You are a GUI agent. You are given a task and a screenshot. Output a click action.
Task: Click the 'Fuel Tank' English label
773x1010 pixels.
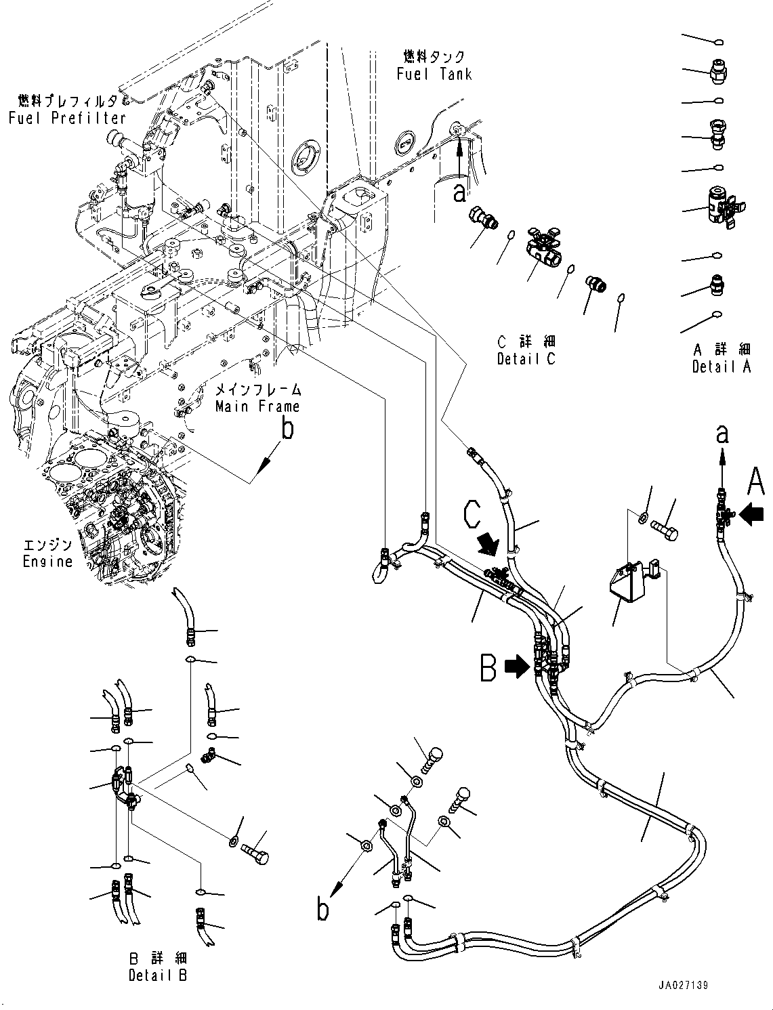(434, 74)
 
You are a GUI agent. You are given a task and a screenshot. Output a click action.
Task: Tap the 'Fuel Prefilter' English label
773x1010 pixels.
(67, 118)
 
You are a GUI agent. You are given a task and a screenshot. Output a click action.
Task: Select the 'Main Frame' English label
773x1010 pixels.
(257, 406)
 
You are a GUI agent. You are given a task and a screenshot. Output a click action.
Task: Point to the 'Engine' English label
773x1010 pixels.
(47, 562)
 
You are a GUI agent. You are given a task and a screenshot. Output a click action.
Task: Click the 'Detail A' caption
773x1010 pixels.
(722, 367)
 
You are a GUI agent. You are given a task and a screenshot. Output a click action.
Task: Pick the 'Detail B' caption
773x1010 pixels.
(158, 975)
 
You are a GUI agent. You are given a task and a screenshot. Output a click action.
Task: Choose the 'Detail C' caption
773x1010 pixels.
(526, 360)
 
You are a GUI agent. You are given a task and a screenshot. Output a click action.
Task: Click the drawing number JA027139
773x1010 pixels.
(682, 985)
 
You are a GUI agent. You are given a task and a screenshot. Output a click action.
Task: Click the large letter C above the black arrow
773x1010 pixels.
(473, 514)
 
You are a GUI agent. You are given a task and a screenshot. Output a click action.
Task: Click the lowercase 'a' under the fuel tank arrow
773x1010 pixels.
(459, 192)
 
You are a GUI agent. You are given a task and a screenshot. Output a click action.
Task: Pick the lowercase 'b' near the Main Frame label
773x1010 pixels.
(288, 429)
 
